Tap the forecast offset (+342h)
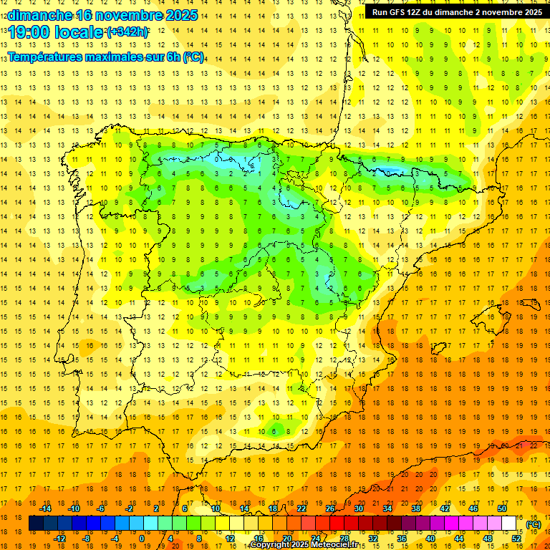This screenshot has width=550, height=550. [x=127, y=32]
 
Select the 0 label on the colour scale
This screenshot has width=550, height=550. [x=142, y=539]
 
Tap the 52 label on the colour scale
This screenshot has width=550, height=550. [x=516, y=539]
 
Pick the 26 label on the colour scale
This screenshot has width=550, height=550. [x=329, y=508]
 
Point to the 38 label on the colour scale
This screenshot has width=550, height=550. [x=415, y=508]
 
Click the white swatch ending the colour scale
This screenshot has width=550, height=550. [x=509, y=524]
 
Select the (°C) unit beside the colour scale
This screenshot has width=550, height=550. [x=534, y=524]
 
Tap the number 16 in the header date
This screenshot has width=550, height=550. [x=85, y=15]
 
